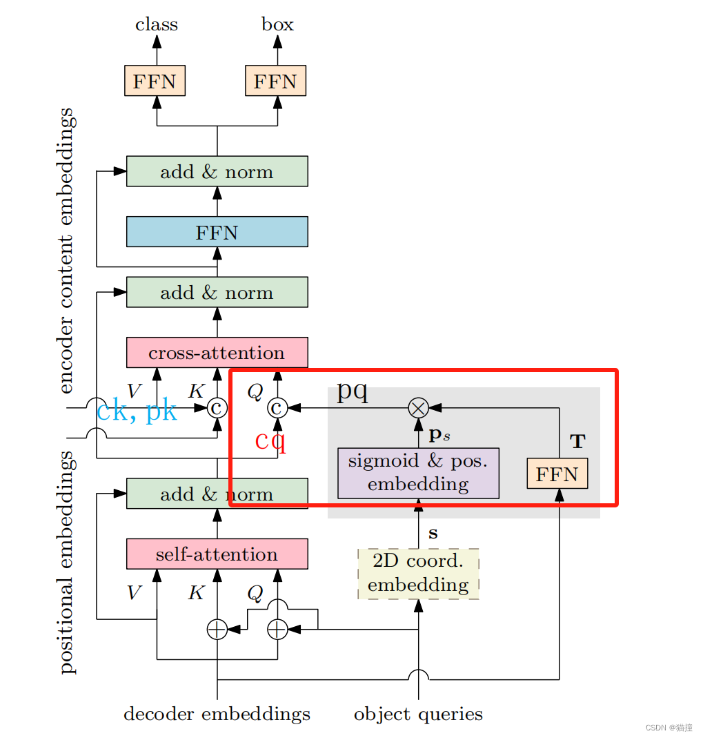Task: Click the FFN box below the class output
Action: point(155,81)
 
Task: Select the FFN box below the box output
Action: point(275,81)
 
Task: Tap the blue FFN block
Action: point(217,231)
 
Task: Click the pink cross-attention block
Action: point(217,353)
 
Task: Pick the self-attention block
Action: point(217,554)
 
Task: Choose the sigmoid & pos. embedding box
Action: point(419,473)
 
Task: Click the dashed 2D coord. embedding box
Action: point(419,574)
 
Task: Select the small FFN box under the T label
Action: point(557,474)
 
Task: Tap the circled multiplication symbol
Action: point(419,408)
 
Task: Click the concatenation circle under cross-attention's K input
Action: point(217,408)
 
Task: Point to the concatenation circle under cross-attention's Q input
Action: point(277,408)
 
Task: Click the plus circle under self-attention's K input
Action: point(217,630)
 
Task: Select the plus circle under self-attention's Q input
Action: point(277,630)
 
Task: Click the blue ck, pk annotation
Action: point(137,410)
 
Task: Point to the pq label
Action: point(353,391)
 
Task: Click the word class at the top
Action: point(157,24)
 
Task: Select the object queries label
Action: point(419,715)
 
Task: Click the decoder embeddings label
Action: point(217,714)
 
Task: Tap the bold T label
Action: point(578,441)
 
